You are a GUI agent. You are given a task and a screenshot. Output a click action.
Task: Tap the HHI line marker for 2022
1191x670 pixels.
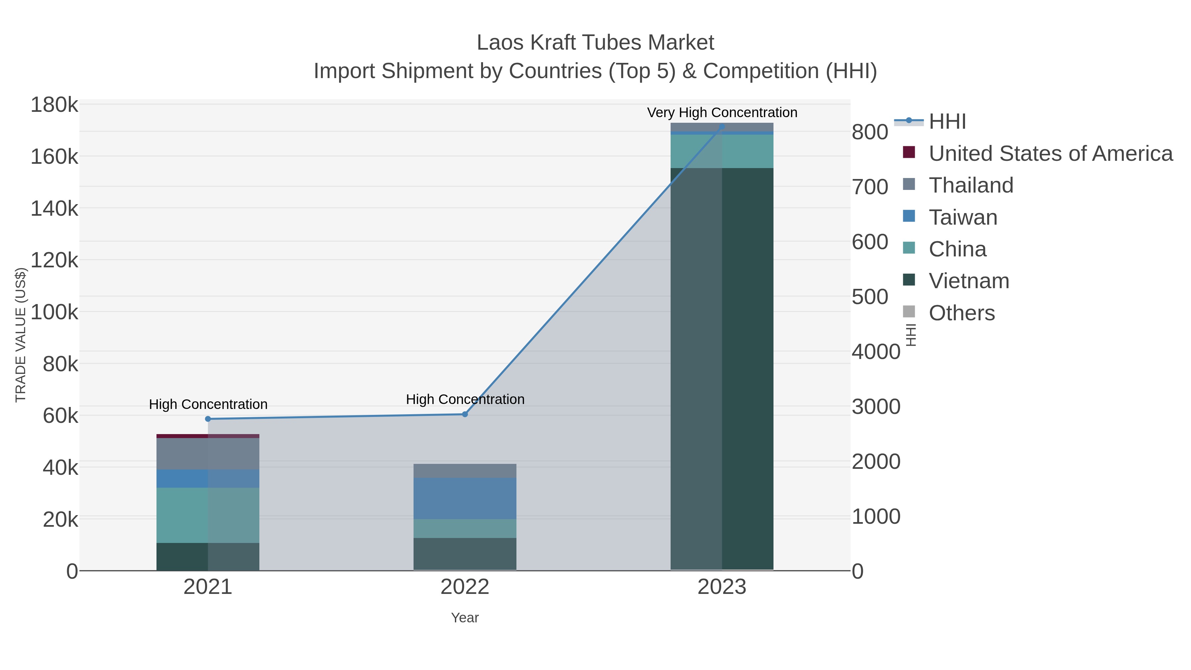click(465, 414)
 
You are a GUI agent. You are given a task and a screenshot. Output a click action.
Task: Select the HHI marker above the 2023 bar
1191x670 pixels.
click(722, 127)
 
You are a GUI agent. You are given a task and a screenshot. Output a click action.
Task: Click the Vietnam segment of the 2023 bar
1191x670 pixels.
click(722, 370)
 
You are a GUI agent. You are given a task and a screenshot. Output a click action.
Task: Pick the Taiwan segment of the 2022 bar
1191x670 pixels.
click(465, 499)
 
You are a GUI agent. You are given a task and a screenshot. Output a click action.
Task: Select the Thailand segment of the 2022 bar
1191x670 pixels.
click(465, 471)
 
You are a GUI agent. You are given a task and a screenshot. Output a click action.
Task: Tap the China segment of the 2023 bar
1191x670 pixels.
click(722, 151)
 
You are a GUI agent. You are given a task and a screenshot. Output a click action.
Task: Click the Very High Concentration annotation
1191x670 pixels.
click(722, 112)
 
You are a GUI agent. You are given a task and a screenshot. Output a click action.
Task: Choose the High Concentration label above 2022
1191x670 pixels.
click(465, 399)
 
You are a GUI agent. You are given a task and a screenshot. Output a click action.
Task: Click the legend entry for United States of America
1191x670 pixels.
click(1050, 154)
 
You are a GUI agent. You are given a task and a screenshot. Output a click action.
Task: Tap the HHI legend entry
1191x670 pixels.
click(947, 122)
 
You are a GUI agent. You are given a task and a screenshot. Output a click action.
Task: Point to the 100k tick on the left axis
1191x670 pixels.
click(55, 312)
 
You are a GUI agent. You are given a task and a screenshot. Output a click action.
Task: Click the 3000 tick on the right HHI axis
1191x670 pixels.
click(876, 407)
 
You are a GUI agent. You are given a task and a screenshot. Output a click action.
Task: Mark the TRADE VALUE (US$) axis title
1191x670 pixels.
click(21, 335)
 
